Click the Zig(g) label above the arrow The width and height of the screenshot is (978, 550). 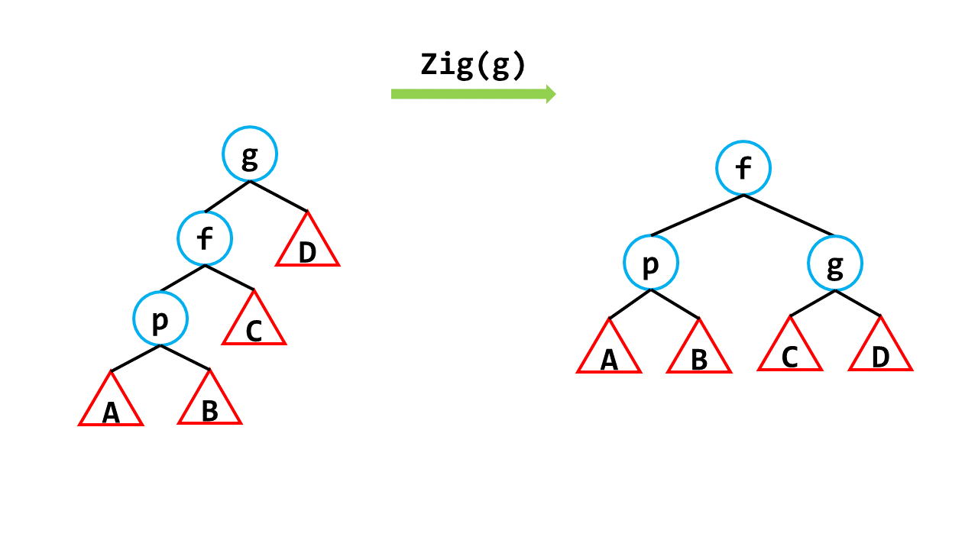coord(473,66)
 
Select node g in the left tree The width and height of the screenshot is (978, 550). coord(250,154)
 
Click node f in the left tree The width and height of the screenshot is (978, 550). coord(205,238)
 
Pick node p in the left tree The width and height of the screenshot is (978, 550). coord(160,319)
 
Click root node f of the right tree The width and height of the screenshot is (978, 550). coord(743,168)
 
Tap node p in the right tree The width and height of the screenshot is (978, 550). coord(651,263)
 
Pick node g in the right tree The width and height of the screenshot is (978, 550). coord(835,264)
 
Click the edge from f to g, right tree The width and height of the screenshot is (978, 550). coord(789,215)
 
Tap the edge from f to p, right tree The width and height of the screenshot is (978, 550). coord(697,215)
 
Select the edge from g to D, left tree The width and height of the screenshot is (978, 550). coord(279,196)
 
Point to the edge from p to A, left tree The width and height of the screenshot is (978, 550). coord(135,358)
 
